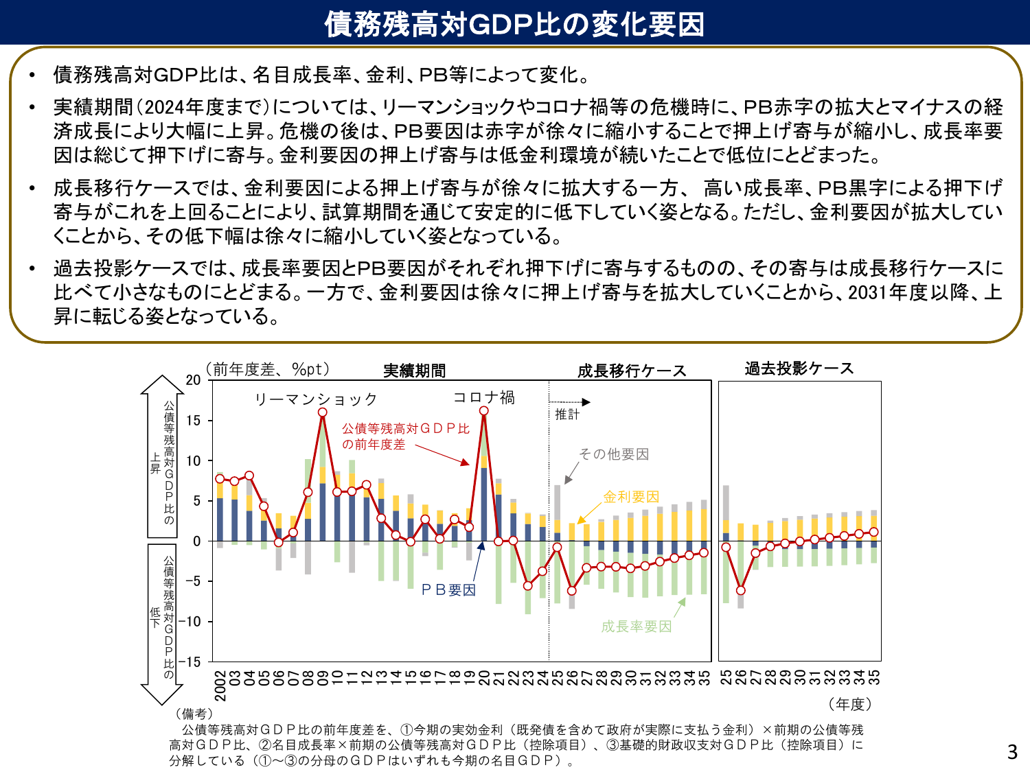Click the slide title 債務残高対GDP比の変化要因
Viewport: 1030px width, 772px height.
click(x=514, y=23)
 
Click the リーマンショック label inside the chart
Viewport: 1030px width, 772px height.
click(x=316, y=399)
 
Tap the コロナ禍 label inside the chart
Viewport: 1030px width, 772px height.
click(x=484, y=397)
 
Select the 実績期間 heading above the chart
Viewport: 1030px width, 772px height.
click(x=414, y=371)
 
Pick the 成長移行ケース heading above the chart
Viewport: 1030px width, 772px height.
click(x=632, y=371)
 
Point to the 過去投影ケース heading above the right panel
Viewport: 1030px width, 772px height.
click(x=799, y=369)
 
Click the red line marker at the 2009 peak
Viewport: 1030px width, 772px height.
click(x=322, y=412)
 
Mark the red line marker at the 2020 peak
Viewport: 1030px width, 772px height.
click(x=483, y=411)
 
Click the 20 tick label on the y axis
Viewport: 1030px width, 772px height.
click(x=193, y=380)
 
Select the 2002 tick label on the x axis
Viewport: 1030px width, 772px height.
click(x=220, y=686)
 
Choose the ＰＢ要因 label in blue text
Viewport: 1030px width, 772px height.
click(x=448, y=590)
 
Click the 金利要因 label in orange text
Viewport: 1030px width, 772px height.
click(x=631, y=496)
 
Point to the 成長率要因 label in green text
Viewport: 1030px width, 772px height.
click(x=636, y=626)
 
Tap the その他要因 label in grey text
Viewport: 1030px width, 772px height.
click(x=613, y=454)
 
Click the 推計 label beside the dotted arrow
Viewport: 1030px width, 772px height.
click(x=567, y=414)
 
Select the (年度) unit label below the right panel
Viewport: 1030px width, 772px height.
click(x=850, y=704)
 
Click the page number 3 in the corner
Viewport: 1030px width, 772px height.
click(x=1012, y=752)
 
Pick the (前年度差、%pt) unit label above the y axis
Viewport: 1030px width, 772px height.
click(x=268, y=369)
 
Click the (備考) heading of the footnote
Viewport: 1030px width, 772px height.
click(x=194, y=714)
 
